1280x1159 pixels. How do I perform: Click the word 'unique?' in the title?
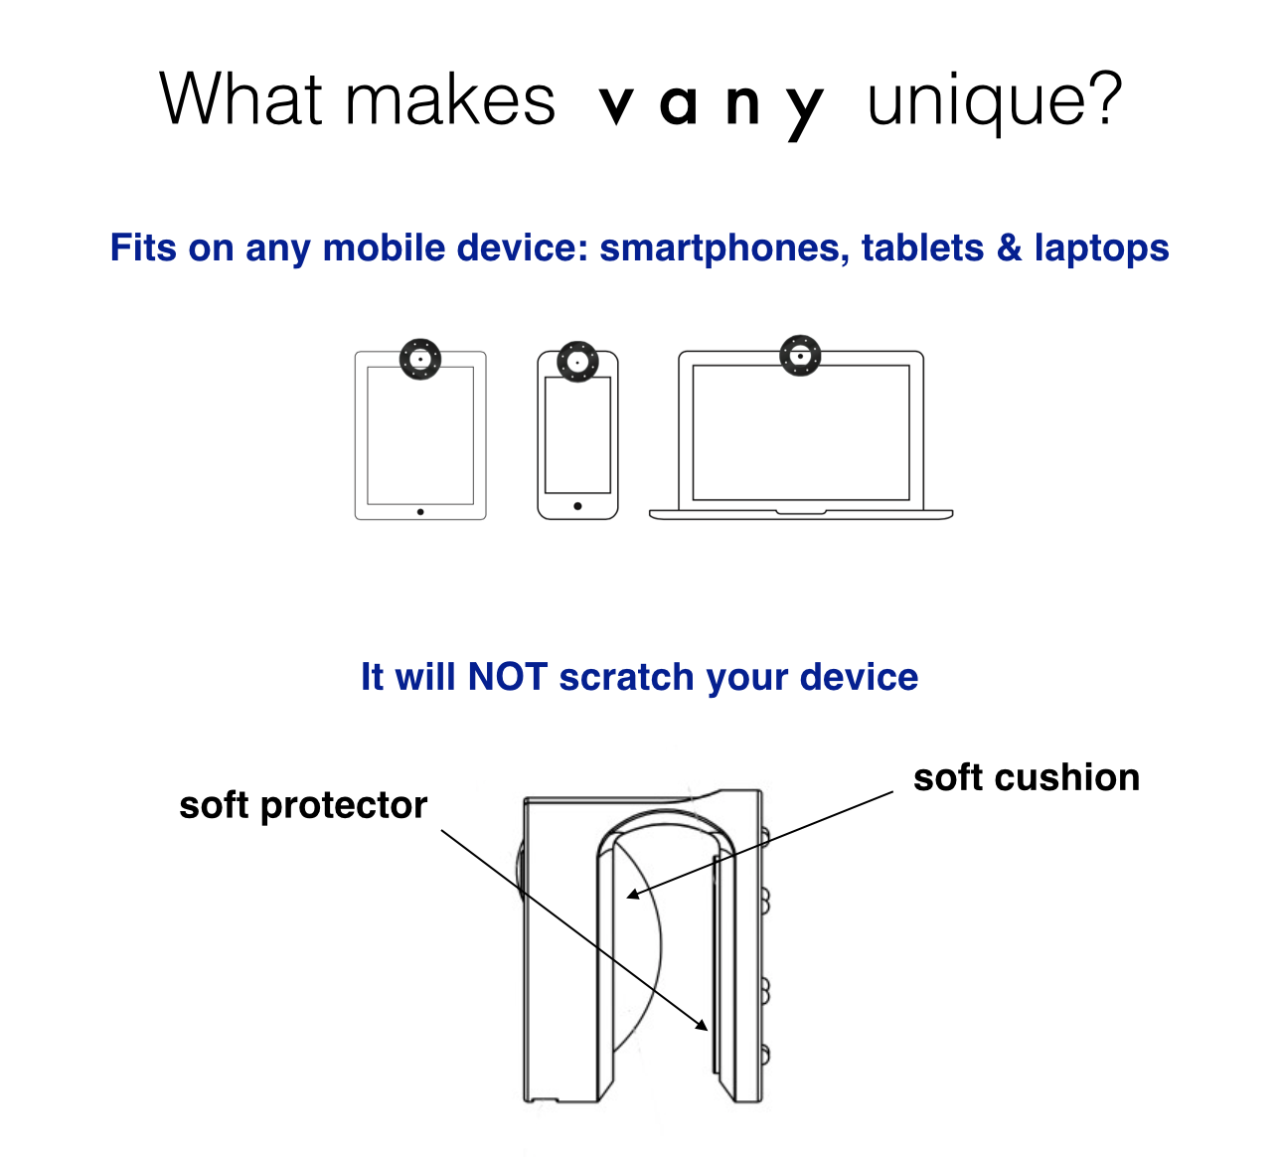994,101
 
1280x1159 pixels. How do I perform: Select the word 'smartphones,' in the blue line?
723,248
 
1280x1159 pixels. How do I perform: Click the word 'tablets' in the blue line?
922,248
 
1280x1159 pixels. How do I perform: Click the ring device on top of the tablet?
420,359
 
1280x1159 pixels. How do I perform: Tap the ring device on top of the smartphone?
577,361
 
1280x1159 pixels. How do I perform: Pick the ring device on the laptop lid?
800,355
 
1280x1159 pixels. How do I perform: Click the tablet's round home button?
420,512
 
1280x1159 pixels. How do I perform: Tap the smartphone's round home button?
577,506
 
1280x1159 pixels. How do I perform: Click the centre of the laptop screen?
801,432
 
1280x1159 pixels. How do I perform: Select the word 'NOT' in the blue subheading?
507,677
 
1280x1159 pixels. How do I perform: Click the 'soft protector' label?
303,805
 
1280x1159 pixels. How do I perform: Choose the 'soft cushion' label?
1027,777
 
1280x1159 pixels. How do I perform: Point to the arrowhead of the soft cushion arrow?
630,896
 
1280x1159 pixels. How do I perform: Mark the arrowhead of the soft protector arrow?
705,1029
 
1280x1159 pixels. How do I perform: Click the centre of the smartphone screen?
577,434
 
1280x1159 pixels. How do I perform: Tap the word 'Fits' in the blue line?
144,248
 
